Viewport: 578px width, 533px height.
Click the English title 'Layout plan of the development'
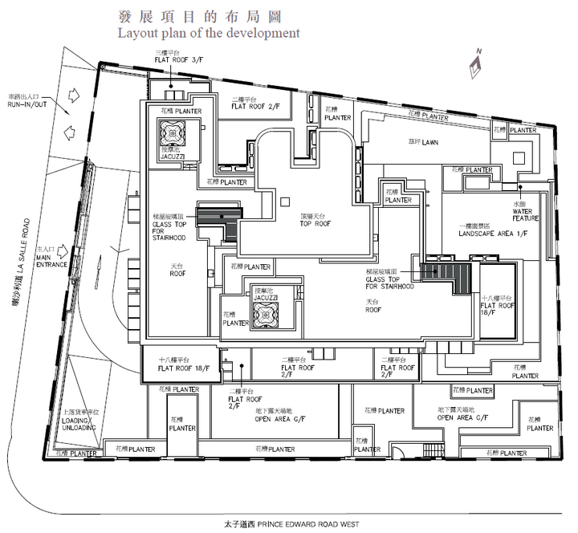(x=209, y=34)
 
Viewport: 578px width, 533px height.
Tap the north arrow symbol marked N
(x=476, y=59)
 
